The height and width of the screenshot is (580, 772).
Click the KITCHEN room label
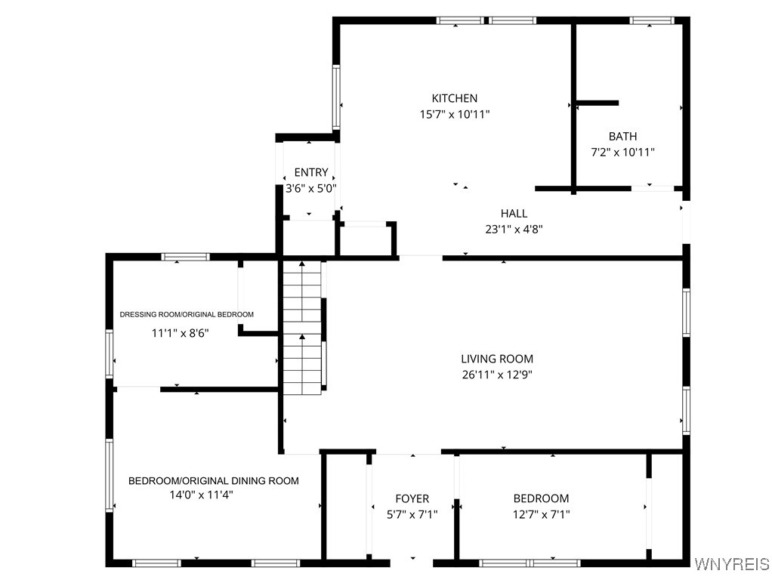455,98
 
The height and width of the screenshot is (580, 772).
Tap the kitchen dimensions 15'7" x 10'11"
455,115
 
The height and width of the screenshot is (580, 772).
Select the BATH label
623,137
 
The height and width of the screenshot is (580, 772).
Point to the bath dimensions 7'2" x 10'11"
623,152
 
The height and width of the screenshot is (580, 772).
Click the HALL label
514,213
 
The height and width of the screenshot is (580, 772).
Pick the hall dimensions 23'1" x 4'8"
514,229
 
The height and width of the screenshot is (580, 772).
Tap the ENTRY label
311,172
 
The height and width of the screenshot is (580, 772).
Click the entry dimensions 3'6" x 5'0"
311,188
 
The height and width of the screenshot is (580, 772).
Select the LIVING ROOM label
497,359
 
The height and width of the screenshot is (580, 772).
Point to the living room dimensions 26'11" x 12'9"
497,375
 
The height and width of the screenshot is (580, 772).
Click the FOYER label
412,498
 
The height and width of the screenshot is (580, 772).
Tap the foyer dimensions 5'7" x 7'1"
412,514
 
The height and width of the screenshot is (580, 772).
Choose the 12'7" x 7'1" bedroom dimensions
541,514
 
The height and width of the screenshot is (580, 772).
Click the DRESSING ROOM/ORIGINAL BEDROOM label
187,314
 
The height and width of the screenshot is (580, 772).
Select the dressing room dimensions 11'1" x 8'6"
181,333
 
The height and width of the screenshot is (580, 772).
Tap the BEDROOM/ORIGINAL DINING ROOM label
214,480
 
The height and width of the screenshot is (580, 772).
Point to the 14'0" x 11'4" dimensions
202,495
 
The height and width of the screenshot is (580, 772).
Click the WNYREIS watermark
732,563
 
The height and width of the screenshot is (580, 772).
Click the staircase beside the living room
302,328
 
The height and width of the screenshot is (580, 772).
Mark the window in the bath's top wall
651,20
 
